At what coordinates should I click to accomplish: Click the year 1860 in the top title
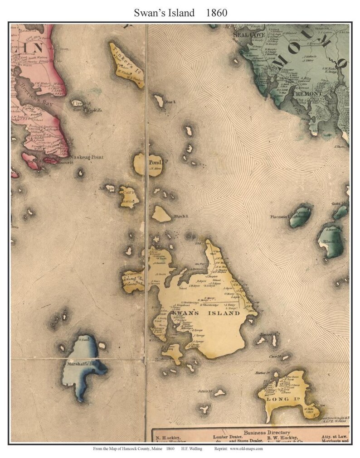(x=216, y=13)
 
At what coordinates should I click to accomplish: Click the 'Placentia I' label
(x=280, y=217)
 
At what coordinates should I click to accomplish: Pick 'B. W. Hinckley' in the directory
(x=282, y=438)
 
